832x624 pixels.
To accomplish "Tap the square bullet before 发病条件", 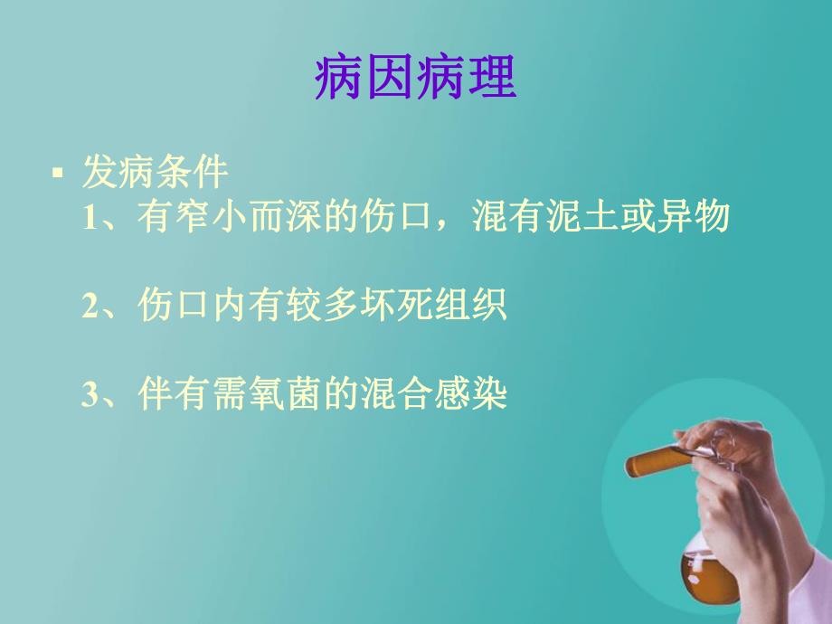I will click(x=59, y=172).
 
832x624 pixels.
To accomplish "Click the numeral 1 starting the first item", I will click(x=89, y=219).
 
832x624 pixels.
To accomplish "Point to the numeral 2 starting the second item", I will click(x=89, y=307).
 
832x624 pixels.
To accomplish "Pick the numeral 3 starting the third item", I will click(x=89, y=395).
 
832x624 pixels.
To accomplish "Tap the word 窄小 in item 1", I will click(x=211, y=218).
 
